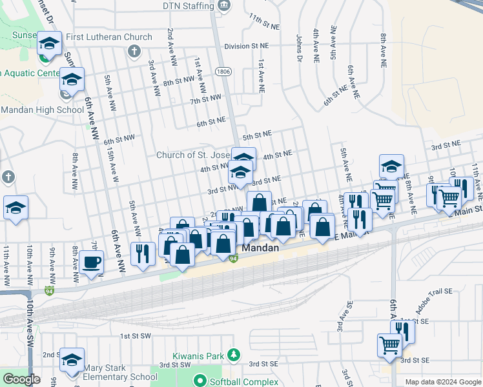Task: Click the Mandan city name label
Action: [261, 248]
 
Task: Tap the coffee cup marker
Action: [92, 263]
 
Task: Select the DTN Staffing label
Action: [188, 6]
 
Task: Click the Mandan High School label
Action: [43, 110]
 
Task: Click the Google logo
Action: [21, 379]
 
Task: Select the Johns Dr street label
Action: [300, 49]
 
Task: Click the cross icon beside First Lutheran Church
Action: [134, 51]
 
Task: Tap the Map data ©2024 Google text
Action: [442, 382]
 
